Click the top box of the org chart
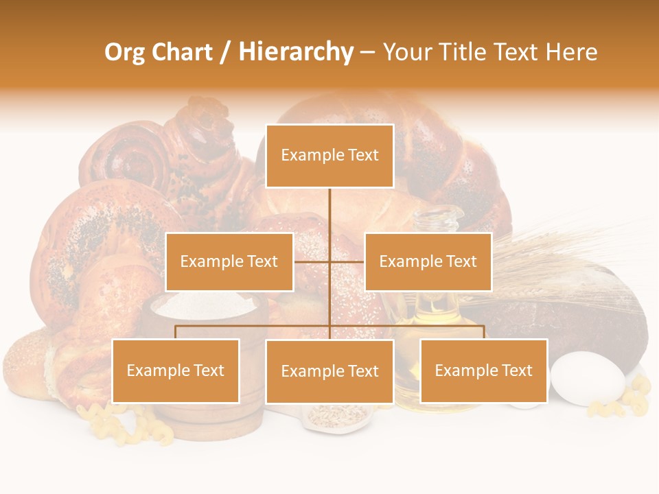pyautogui.click(x=329, y=156)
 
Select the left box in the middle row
pyautogui.click(x=229, y=261)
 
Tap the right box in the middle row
pyautogui.click(x=428, y=261)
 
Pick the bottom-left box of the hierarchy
pyautogui.click(x=176, y=370)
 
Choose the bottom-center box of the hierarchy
pyautogui.click(x=329, y=371)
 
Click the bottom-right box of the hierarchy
pyautogui.click(x=483, y=370)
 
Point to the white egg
pyautogui.click(x=588, y=378)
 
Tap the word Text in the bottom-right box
pyautogui.click(x=516, y=370)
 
